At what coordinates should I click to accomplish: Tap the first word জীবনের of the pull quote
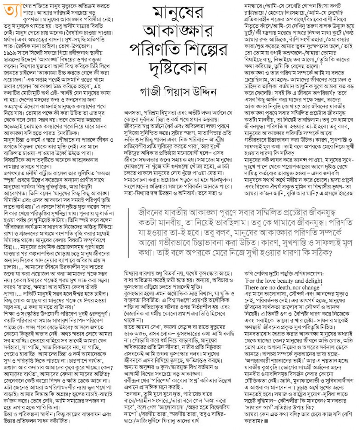(x=151, y=212)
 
